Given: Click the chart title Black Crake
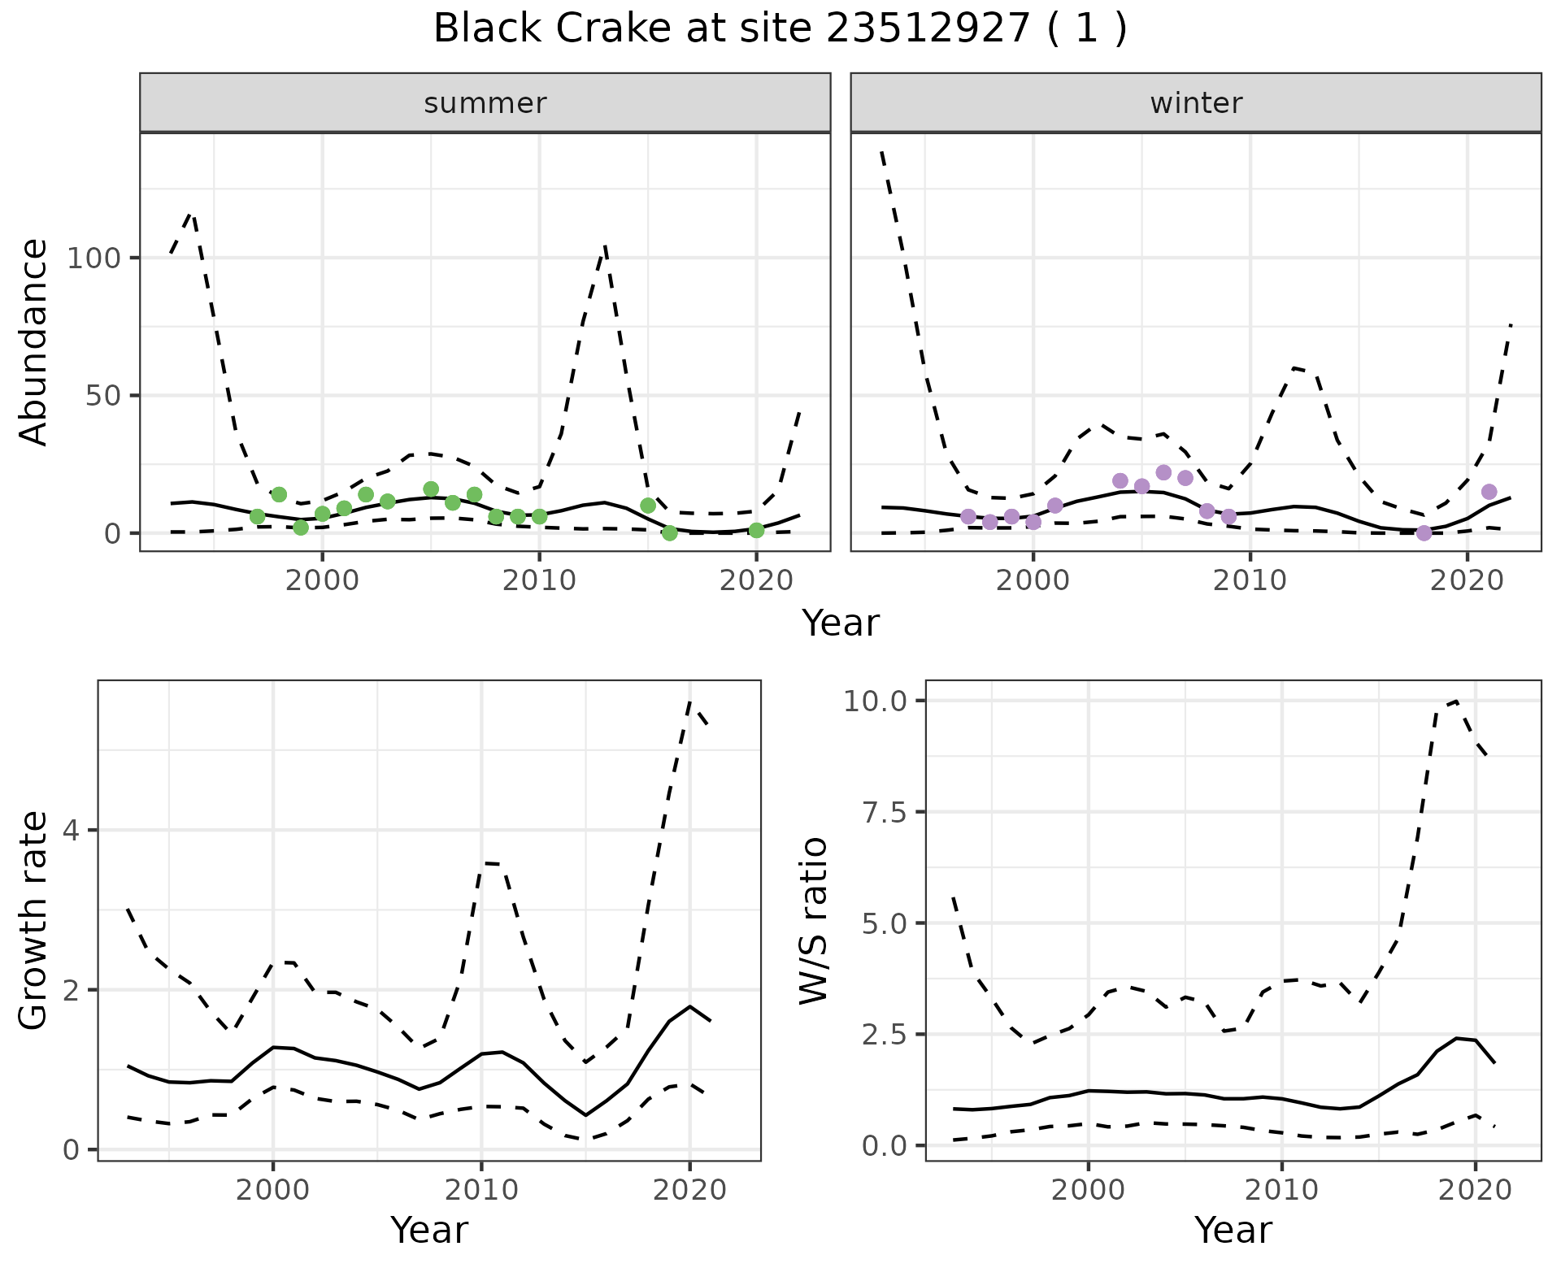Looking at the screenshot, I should [x=780, y=29].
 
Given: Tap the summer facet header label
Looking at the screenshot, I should [x=485, y=103].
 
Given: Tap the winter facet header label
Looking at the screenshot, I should [x=1195, y=103].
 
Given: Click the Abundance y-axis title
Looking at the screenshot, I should [x=34, y=342].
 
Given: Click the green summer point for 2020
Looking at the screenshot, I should [x=756, y=531].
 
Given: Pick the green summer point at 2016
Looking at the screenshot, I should [x=669, y=533].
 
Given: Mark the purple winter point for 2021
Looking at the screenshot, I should [x=1489, y=492].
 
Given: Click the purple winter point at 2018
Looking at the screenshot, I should [x=1424, y=533].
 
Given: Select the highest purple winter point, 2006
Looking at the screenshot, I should [x=1163, y=473].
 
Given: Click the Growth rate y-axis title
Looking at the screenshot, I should [x=34, y=921].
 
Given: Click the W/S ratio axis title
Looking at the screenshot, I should [x=813, y=921].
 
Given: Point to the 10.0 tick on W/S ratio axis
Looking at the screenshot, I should [x=875, y=701].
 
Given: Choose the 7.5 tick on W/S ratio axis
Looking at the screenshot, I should [x=883, y=812].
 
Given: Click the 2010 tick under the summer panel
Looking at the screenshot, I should [x=539, y=580].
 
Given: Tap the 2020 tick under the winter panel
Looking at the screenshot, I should [x=1467, y=580].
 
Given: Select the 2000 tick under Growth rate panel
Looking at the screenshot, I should [x=273, y=1190].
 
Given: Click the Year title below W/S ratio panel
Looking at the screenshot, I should [x=1233, y=1231].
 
